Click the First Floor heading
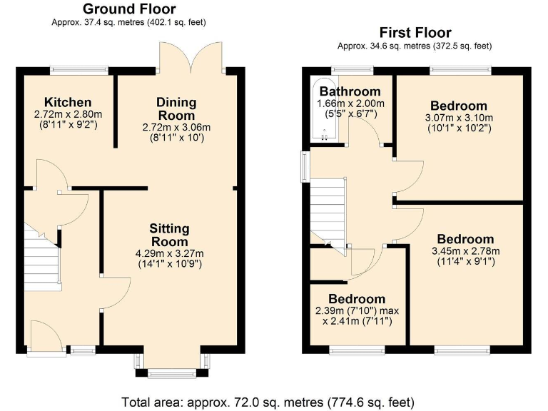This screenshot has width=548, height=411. click(415, 33)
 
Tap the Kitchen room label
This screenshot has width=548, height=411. click(68, 102)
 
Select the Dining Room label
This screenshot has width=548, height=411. click(176, 109)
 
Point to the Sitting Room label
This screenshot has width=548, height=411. click(169, 235)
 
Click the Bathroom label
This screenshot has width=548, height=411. click(350, 91)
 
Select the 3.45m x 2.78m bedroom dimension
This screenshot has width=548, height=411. click(465, 250)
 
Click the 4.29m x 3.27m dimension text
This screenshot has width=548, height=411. click(169, 253)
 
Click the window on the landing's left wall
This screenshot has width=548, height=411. click(305, 166)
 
